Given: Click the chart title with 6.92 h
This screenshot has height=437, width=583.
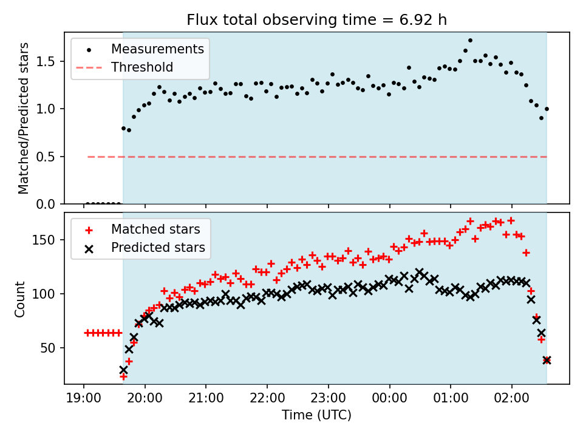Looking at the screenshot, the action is pyautogui.click(x=316, y=19).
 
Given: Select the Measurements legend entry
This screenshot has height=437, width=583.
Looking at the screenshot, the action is pyautogui.click(x=158, y=49).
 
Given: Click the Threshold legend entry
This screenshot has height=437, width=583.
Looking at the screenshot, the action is pyautogui.click(x=142, y=67).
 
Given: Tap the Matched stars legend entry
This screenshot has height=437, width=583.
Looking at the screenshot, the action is pyautogui.click(x=156, y=229).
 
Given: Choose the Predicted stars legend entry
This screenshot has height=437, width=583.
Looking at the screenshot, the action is pyautogui.click(x=158, y=248).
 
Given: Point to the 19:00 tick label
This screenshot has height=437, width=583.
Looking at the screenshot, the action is pyautogui.click(x=83, y=398).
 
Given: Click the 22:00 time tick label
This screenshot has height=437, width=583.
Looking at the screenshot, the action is pyautogui.click(x=267, y=398).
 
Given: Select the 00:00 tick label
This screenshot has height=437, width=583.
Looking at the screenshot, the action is pyautogui.click(x=389, y=398).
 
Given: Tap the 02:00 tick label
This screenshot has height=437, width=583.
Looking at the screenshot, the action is pyautogui.click(x=511, y=398).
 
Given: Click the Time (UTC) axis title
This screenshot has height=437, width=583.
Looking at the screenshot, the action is pyautogui.click(x=316, y=415).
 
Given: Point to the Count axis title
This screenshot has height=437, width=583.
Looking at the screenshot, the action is pyautogui.click(x=19, y=299).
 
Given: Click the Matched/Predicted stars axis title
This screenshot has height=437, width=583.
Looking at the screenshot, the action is pyautogui.click(x=23, y=118).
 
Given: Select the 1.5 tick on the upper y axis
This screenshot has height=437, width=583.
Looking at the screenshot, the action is pyautogui.click(x=46, y=62).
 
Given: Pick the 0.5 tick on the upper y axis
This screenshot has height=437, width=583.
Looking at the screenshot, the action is pyautogui.click(x=46, y=157).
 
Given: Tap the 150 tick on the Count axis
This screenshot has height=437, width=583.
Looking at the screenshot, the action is pyautogui.click(x=43, y=240).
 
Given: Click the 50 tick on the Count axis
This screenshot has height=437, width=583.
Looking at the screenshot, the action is pyautogui.click(x=47, y=348).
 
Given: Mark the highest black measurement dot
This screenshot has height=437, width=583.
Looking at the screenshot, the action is pyautogui.click(x=470, y=41).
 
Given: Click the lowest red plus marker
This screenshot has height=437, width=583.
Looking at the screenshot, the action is pyautogui.click(x=123, y=377).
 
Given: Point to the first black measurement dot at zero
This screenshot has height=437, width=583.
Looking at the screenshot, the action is pyautogui.click(x=87, y=204).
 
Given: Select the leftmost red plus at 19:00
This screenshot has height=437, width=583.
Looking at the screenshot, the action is pyautogui.click(x=87, y=333).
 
